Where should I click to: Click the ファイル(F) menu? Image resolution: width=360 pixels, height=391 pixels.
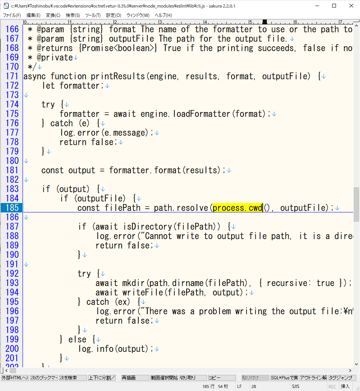point(12,15)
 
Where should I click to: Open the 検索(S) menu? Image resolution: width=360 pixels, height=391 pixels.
point(73,15)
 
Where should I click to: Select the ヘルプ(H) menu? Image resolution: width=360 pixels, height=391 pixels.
point(163,15)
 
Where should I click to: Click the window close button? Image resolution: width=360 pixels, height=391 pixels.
point(351,6)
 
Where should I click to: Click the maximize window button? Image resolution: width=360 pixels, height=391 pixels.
point(334,6)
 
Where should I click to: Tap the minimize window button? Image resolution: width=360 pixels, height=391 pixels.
point(316,6)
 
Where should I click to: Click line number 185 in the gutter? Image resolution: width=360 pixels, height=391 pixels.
point(11,208)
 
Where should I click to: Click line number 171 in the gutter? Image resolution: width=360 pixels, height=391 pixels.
point(11,76)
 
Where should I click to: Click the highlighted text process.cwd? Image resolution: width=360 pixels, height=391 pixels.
point(237,208)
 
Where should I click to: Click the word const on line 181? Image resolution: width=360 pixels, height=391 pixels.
point(53,170)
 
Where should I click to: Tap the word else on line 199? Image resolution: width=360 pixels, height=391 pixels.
point(77,339)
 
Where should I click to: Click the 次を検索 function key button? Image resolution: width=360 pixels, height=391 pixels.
point(72,378)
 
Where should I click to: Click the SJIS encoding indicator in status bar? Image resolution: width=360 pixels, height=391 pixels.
point(295,386)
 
